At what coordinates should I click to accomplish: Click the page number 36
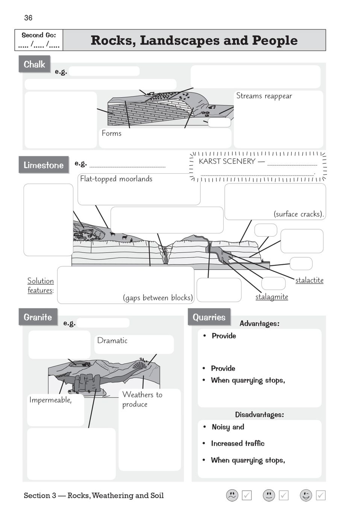point(28,18)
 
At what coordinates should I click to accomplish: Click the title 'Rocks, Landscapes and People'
point(194,40)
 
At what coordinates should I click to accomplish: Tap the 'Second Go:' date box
point(39,40)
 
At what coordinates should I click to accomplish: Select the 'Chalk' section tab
point(34,64)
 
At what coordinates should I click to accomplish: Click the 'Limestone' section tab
point(44,165)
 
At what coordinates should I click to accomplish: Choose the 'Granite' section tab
point(38,317)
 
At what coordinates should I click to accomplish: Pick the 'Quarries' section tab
point(209,317)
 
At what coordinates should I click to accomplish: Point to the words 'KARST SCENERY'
point(227,161)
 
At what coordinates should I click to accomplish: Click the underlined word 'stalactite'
point(309,280)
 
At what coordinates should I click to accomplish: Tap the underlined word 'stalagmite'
point(272,296)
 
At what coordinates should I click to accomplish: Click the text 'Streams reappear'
point(264,96)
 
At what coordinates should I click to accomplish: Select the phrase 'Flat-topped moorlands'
point(116,179)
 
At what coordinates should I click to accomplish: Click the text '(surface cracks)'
point(298,214)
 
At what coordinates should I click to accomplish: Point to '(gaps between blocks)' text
point(158,298)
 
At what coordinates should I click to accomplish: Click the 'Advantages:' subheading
point(259,324)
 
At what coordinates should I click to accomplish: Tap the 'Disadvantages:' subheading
point(259,414)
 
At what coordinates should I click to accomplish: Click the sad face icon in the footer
point(232,495)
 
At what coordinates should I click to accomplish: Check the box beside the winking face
point(321,495)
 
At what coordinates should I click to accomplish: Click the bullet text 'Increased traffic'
point(237,443)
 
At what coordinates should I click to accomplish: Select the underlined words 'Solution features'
point(41,286)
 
